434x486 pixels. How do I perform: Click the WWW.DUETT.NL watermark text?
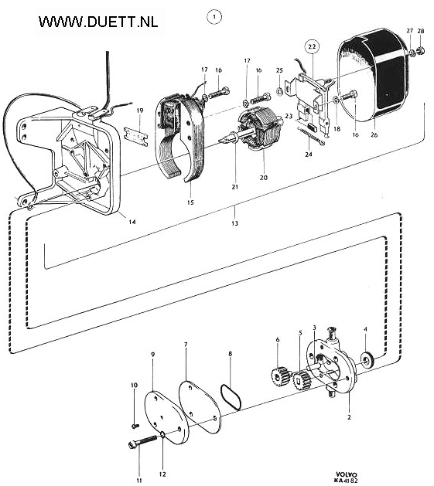(98, 22)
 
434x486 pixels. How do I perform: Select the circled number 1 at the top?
(214, 17)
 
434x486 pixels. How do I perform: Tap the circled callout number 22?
(312, 46)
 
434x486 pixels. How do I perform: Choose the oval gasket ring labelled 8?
(231, 397)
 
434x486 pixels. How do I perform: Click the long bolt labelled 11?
(142, 442)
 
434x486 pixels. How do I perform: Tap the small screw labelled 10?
(135, 426)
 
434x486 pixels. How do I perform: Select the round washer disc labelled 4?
(367, 361)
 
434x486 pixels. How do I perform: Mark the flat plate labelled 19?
(135, 136)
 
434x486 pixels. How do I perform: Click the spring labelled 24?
(310, 136)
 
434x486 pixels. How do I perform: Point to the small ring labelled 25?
(279, 91)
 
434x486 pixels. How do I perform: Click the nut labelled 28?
(422, 49)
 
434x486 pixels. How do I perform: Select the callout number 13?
(234, 223)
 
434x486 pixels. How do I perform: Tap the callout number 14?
(132, 222)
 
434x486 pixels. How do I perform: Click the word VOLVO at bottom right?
(347, 475)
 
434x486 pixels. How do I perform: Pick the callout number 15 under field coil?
(190, 202)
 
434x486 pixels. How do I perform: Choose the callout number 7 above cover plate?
(186, 345)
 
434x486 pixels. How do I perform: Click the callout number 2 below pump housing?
(349, 417)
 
